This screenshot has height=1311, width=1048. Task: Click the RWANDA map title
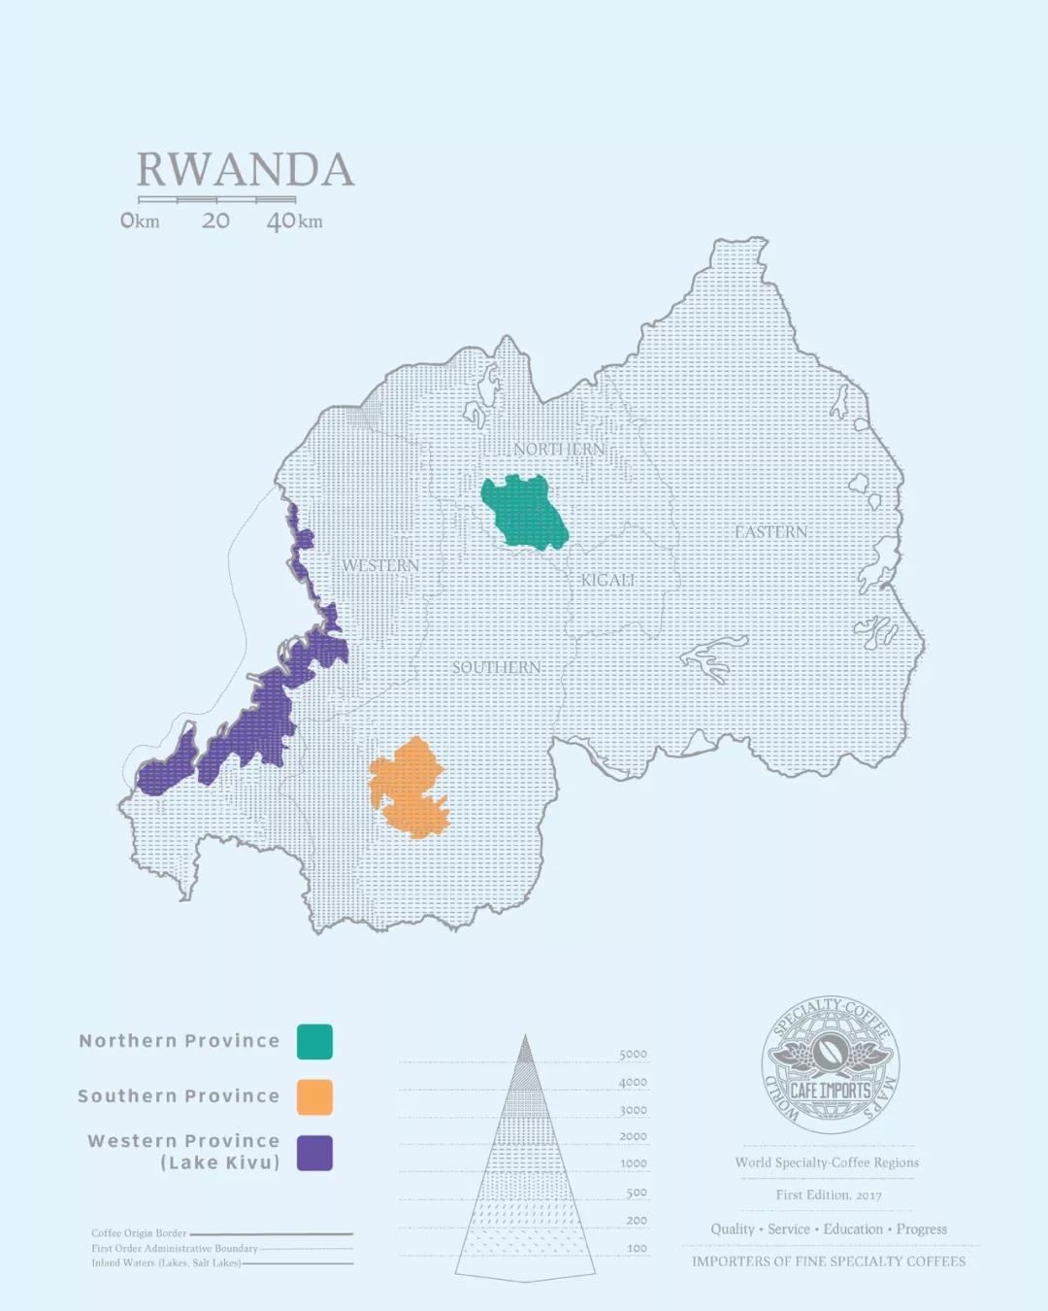pyautogui.click(x=245, y=170)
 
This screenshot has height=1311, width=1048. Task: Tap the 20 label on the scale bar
pyautogui.click(x=215, y=221)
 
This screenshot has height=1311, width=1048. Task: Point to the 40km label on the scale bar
pyautogui.click(x=294, y=221)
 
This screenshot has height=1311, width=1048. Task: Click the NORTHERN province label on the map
pyautogui.click(x=559, y=449)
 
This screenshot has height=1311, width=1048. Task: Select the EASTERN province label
pyautogui.click(x=770, y=532)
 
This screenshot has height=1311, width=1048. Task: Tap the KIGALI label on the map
pyautogui.click(x=608, y=580)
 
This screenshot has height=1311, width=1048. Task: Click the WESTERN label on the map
pyautogui.click(x=380, y=565)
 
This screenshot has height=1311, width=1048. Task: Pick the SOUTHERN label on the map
pyautogui.click(x=496, y=667)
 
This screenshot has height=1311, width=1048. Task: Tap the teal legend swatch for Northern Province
pyautogui.click(x=314, y=1041)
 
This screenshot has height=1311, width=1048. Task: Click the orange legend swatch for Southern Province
pyautogui.click(x=314, y=1096)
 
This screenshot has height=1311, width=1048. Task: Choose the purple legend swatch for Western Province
pyautogui.click(x=314, y=1153)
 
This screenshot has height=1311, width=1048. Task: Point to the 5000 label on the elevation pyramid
pyautogui.click(x=633, y=1055)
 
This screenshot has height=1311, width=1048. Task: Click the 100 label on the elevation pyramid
pyautogui.click(x=637, y=1248)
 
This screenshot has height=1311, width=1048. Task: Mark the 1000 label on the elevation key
pyautogui.click(x=634, y=1163)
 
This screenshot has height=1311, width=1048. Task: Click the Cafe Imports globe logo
pyautogui.click(x=830, y=1065)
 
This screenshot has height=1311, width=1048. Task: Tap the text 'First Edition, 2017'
pyautogui.click(x=828, y=1195)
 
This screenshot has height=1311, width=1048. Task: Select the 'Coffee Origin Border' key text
pyautogui.click(x=139, y=1233)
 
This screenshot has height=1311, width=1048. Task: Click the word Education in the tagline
pyautogui.click(x=853, y=1229)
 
